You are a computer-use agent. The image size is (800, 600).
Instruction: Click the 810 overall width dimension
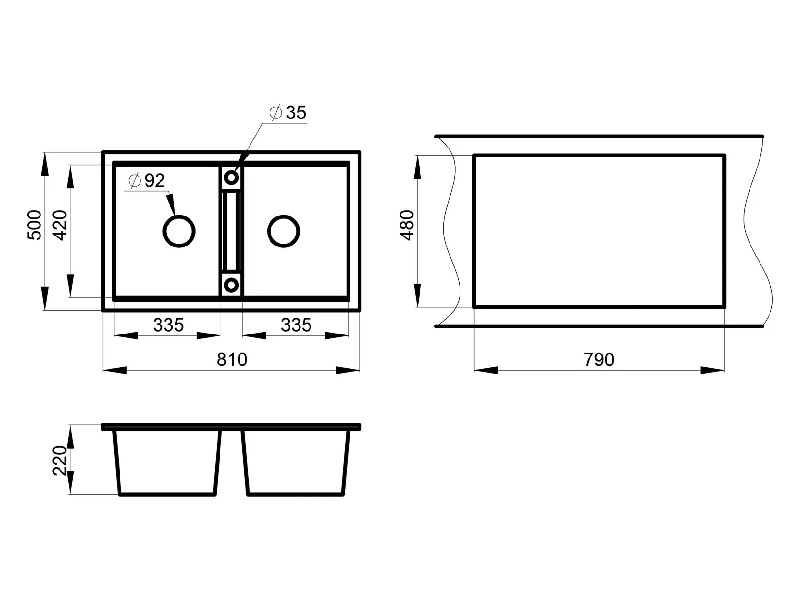click(x=232, y=359)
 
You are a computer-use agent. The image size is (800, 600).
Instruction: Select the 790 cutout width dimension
click(x=599, y=359)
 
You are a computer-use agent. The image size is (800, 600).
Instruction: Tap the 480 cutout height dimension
click(x=407, y=225)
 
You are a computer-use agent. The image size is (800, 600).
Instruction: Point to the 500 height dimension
click(x=34, y=225)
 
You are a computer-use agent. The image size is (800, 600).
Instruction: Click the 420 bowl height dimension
click(x=60, y=225)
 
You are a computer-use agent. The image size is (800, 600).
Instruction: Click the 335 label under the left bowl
click(x=169, y=325)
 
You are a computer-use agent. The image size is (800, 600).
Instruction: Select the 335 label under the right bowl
click(x=296, y=325)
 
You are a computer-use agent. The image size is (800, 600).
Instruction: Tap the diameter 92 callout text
click(x=147, y=180)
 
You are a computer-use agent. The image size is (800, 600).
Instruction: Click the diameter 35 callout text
click(x=288, y=112)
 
